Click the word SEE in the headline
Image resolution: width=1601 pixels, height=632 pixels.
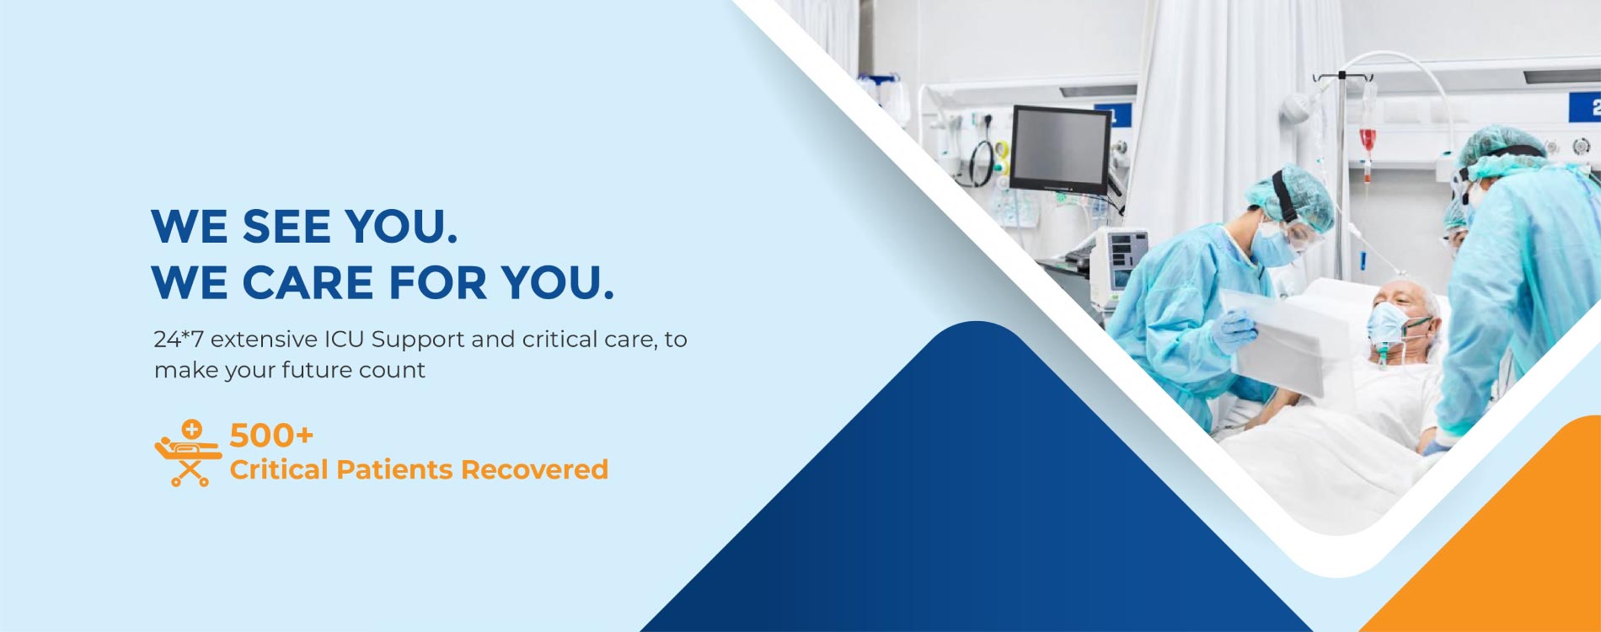[x=286, y=227]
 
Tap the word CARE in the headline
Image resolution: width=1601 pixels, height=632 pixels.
[x=308, y=282]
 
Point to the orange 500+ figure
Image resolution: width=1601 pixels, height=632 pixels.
[x=271, y=436]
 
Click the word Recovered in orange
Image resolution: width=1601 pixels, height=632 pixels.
[x=534, y=469]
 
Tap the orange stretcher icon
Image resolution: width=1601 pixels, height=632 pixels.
[x=187, y=453]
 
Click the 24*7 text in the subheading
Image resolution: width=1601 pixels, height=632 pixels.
[x=179, y=340]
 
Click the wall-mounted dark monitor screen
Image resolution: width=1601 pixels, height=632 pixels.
[x=1060, y=149]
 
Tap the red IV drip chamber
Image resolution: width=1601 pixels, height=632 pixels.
[x=1367, y=140]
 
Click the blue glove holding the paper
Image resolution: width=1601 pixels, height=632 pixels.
[x=1232, y=331]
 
